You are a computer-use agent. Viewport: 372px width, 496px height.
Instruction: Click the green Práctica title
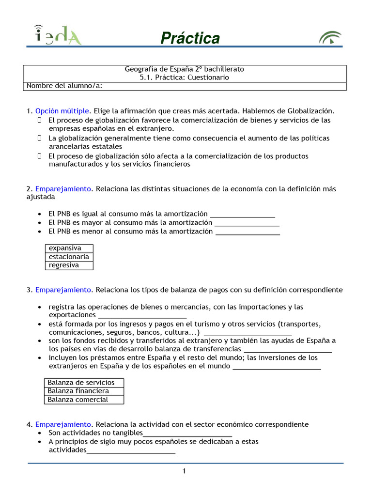click(190, 38)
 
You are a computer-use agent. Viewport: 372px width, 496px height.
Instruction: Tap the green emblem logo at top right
click(330, 38)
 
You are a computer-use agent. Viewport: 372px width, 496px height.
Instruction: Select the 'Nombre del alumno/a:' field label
click(64, 86)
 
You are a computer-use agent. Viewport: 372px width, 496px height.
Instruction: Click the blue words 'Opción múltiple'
click(62, 111)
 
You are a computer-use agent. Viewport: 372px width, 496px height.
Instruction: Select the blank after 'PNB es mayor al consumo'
click(247, 223)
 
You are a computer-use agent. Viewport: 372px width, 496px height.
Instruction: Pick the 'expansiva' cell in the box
click(69, 248)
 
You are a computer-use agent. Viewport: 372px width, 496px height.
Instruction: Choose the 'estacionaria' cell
click(69, 257)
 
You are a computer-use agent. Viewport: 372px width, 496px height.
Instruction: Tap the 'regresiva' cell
click(69, 265)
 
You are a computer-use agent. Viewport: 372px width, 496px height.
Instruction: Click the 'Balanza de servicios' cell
click(83, 383)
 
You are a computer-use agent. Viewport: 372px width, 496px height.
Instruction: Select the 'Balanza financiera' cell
click(83, 391)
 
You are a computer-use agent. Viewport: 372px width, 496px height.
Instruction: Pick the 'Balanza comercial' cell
click(83, 400)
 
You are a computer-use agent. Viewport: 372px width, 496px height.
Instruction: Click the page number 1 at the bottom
click(185, 471)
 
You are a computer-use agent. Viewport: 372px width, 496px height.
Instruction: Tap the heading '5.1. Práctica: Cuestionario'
click(185, 77)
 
